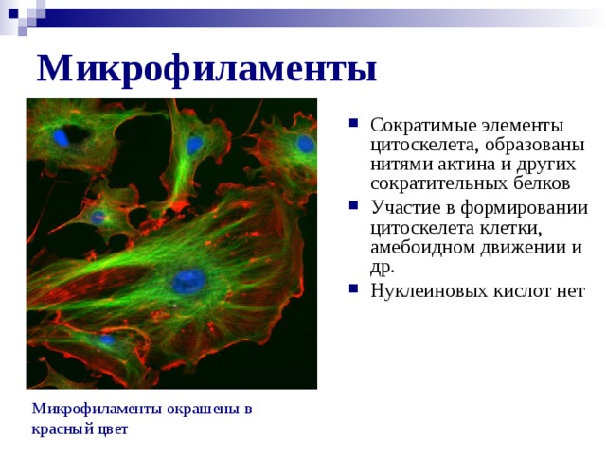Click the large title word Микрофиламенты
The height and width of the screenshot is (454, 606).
point(206,69)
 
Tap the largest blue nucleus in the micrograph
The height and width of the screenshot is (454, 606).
point(188,281)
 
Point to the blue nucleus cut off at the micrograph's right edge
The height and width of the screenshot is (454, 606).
point(306,145)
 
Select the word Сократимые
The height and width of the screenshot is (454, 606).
point(423,126)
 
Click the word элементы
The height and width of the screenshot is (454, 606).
point(522,126)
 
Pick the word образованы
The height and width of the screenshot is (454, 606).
point(534,146)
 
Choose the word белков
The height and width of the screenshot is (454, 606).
point(542,183)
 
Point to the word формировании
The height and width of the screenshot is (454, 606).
point(524,208)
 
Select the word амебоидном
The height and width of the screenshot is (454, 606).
point(422,247)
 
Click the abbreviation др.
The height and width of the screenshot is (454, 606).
point(383,268)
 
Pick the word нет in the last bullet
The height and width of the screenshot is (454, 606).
point(570,291)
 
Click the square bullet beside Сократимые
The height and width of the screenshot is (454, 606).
point(353,123)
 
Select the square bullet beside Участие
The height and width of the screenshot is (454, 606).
point(353,205)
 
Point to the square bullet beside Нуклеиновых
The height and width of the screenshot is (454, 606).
point(353,288)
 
